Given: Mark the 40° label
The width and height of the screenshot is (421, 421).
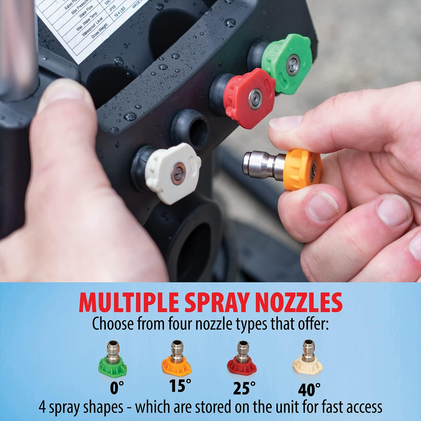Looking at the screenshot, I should [x=309, y=389].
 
